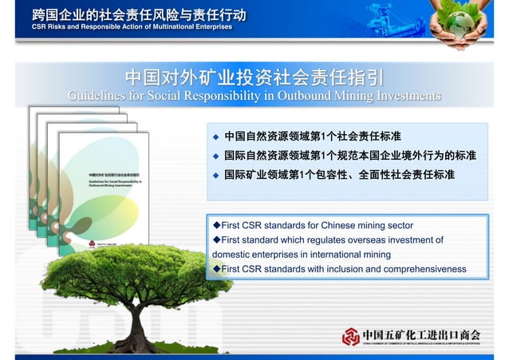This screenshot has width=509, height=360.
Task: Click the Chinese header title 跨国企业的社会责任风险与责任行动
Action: [x=139, y=14]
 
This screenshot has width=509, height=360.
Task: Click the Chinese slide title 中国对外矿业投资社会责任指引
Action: [x=254, y=77]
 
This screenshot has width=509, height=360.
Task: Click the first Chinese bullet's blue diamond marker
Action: [x=215, y=136]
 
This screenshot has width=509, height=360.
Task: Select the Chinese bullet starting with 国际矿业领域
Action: [x=339, y=174]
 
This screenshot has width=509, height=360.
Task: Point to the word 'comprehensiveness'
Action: [x=424, y=269]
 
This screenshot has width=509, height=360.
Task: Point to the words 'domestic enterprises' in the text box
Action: [x=260, y=255]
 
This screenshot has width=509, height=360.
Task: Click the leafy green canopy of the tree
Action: [x=120, y=271]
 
